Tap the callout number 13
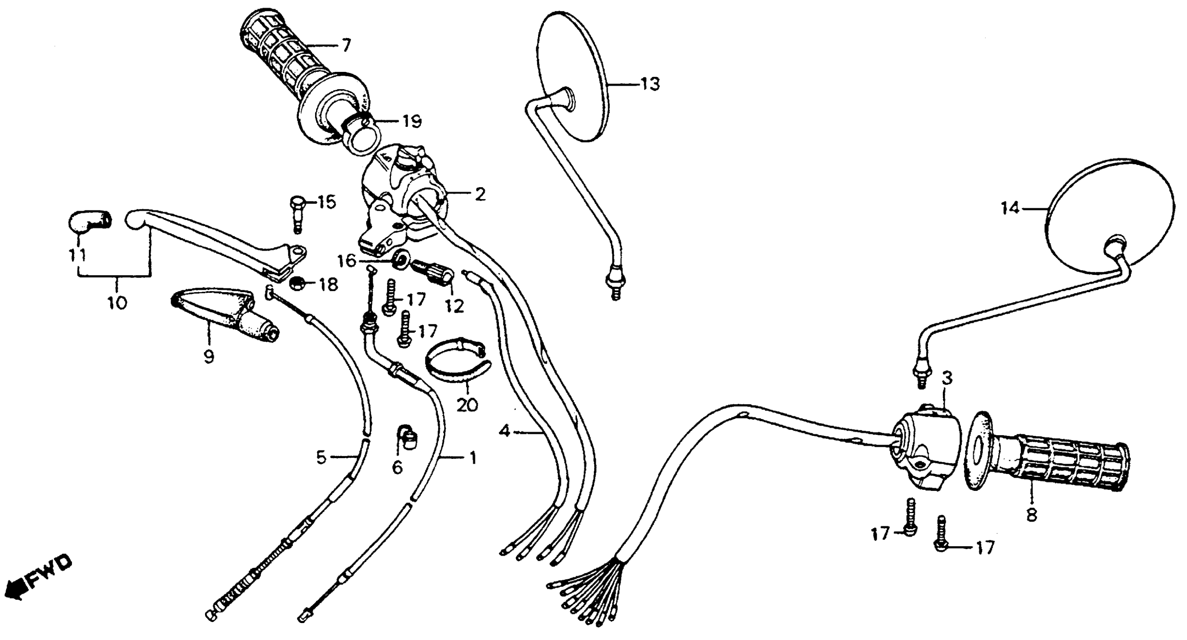pyautogui.click(x=649, y=85)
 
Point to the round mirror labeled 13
pyautogui.click(x=571, y=76)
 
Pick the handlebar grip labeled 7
pyautogui.click(x=295, y=64)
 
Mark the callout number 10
pyautogui.click(x=117, y=303)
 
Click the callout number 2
pyautogui.click(x=480, y=195)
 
